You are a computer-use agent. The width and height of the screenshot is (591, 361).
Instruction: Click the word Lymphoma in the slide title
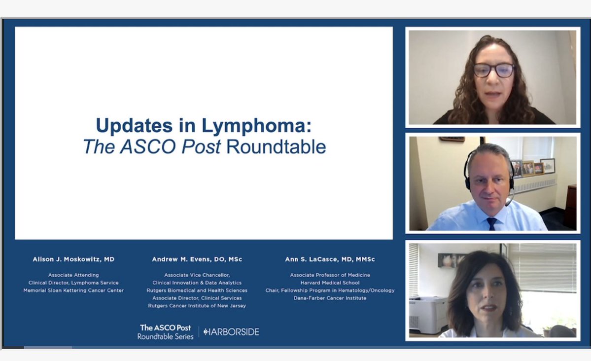click(x=257, y=126)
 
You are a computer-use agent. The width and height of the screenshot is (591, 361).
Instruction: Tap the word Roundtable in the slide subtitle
click(x=276, y=147)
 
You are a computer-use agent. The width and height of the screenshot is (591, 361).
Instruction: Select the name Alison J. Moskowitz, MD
click(x=73, y=259)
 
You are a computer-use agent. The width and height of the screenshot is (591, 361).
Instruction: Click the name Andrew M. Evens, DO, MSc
click(x=197, y=259)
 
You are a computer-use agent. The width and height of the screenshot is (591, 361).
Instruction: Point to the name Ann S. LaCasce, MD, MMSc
click(x=330, y=259)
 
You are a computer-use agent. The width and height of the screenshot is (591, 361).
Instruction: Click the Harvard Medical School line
click(x=330, y=283)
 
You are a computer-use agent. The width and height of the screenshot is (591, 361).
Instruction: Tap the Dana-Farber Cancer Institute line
click(x=330, y=298)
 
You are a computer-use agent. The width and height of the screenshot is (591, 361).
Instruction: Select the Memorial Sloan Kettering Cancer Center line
click(x=73, y=290)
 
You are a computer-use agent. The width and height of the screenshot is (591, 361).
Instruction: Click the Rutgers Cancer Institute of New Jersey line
click(x=197, y=306)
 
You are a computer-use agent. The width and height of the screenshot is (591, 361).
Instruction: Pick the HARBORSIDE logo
click(x=231, y=332)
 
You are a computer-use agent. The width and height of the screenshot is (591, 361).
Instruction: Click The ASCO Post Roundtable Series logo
click(x=166, y=332)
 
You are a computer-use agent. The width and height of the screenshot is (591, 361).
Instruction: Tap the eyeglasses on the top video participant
click(x=493, y=70)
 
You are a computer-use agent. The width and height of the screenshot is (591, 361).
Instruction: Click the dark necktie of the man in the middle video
click(x=491, y=223)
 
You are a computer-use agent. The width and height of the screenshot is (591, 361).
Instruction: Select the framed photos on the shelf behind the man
click(x=533, y=167)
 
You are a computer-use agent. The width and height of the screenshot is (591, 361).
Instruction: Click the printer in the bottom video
click(x=428, y=315)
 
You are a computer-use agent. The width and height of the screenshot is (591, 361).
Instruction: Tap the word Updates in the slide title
click(x=134, y=126)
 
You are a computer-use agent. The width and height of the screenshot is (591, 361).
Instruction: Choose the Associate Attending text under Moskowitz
click(x=73, y=275)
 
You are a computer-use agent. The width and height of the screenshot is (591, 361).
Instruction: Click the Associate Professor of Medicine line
click(x=330, y=275)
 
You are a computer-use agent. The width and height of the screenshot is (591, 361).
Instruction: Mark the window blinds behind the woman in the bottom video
click(x=542, y=268)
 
